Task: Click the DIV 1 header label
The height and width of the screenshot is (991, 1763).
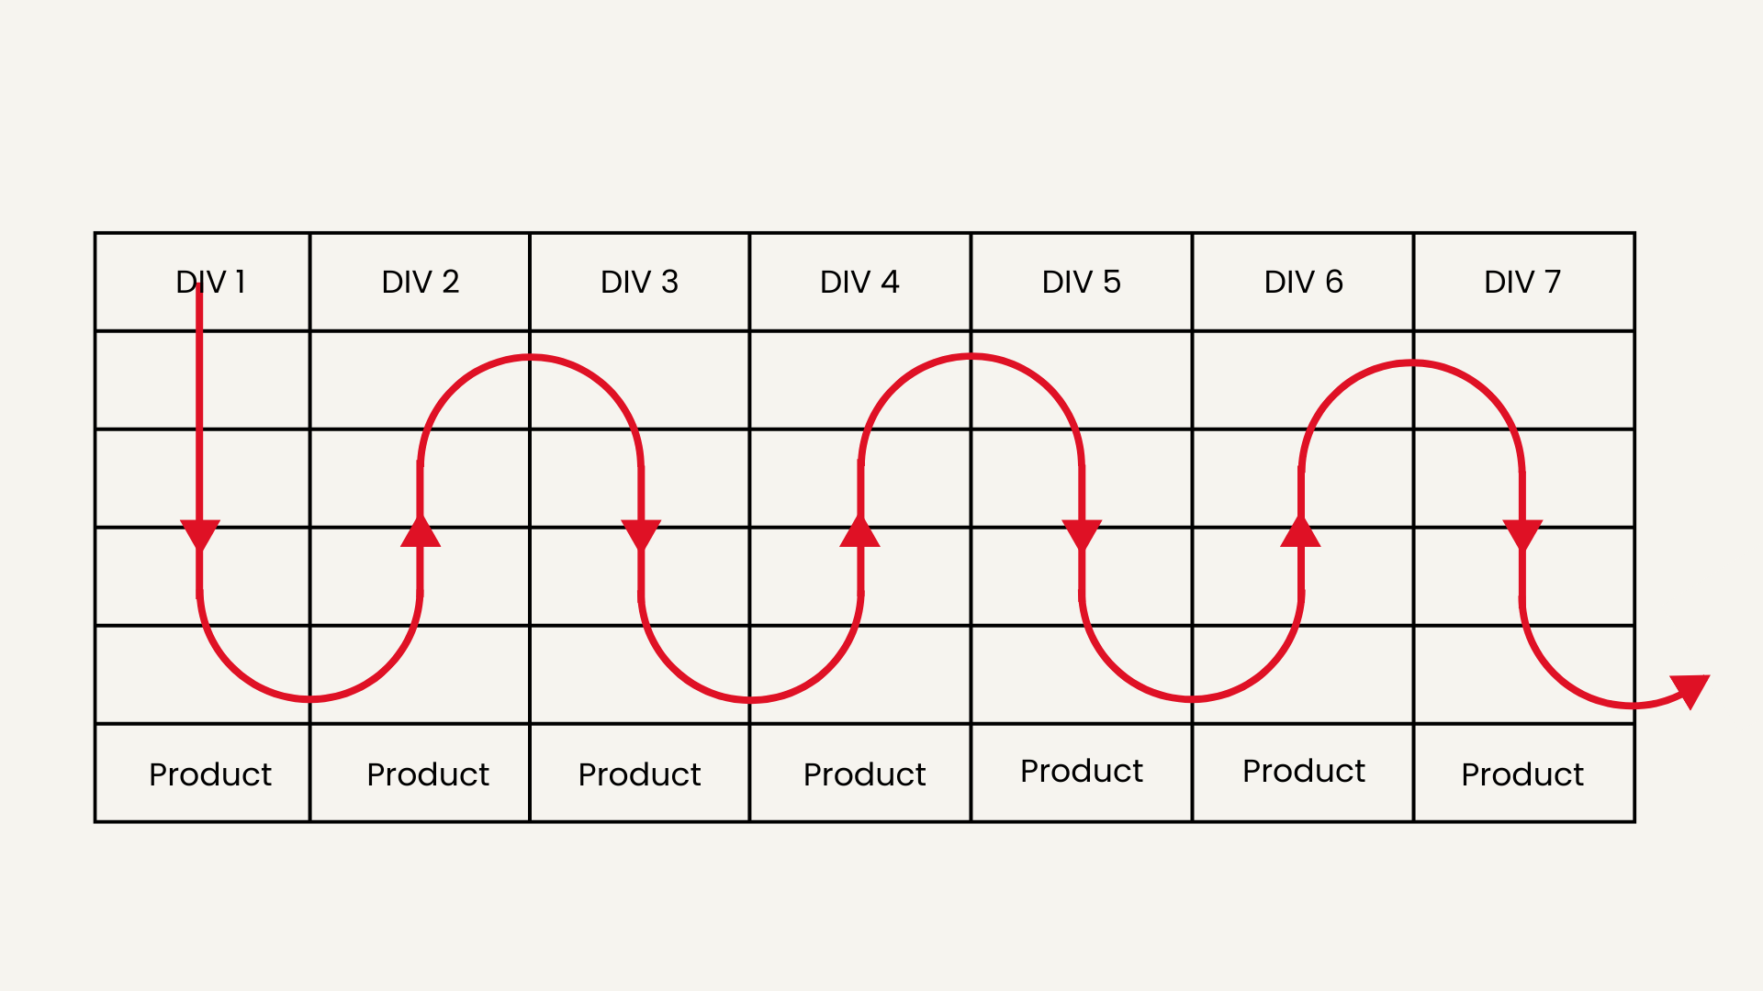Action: point(210,282)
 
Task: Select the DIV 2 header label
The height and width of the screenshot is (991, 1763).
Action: point(421,282)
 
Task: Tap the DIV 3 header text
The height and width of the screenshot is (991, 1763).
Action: point(639,282)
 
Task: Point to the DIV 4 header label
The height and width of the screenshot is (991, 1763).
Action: point(859,282)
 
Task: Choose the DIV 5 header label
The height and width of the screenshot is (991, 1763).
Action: point(1082,282)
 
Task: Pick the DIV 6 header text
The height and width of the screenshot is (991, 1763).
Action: point(1304,282)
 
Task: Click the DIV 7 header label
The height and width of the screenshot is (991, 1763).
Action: point(1522,282)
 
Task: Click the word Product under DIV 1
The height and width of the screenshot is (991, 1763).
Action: point(210,774)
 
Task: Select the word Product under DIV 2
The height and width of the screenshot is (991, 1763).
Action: point(428,774)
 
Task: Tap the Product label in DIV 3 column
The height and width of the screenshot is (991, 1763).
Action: point(639,774)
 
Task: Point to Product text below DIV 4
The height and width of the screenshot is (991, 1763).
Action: point(864,774)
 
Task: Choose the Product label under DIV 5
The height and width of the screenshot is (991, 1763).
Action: point(1082,771)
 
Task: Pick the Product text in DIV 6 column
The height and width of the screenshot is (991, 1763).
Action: point(1304,771)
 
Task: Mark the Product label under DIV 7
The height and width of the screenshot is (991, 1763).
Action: point(1522,774)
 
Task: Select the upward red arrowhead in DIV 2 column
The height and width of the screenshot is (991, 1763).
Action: point(421,532)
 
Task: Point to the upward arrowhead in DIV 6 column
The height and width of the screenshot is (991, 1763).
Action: point(1300,532)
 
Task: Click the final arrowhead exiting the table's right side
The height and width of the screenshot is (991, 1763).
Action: point(1691,690)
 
